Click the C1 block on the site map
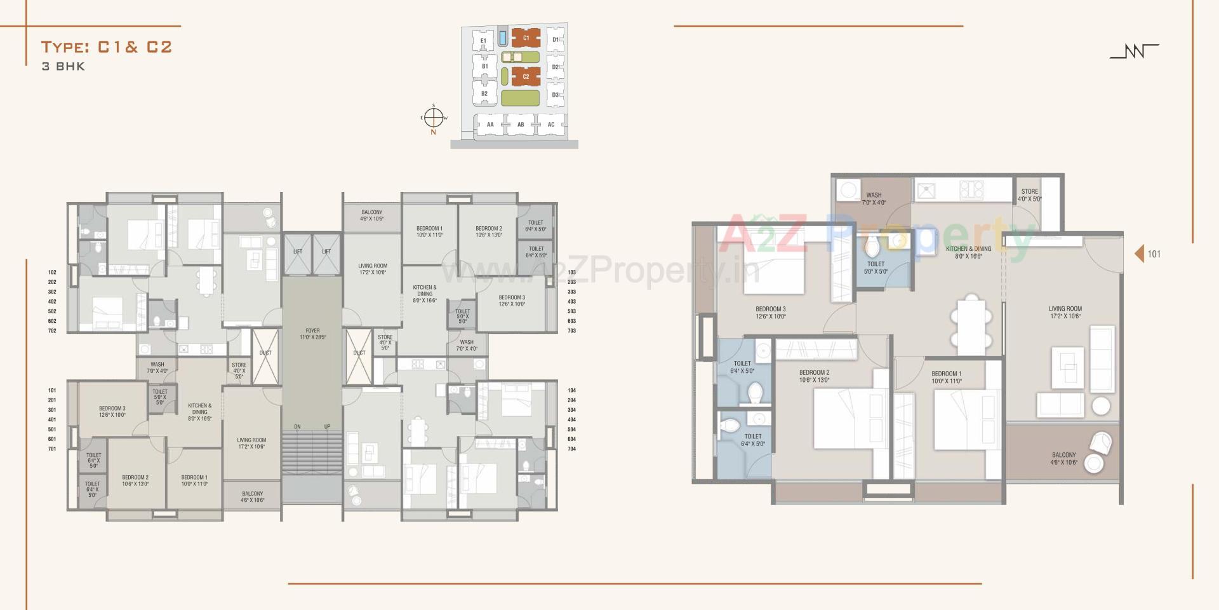pyautogui.click(x=526, y=38)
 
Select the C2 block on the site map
pyautogui.click(x=526, y=76)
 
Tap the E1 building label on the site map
pyautogui.click(x=483, y=41)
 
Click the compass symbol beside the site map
pyautogui.click(x=433, y=118)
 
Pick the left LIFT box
pyautogui.click(x=298, y=253)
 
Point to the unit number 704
pyautogui.click(x=571, y=449)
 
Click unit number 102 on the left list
pyautogui.click(x=52, y=273)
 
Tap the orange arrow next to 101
pyautogui.click(x=1139, y=254)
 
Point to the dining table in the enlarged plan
pyautogui.click(x=971, y=325)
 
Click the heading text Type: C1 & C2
pyautogui.click(x=107, y=47)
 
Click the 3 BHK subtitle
pyautogui.click(x=63, y=67)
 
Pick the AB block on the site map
pyautogui.click(x=521, y=125)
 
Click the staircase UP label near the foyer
pyautogui.click(x=327, y=426)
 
